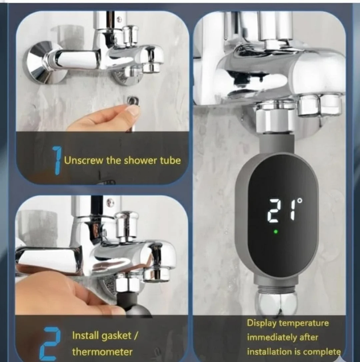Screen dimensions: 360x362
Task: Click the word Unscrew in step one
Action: pyautogui.click(x=83, y=160)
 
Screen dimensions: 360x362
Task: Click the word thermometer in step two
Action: pyautogui.click(x=102, y=352)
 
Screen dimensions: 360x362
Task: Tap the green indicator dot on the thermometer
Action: pyautogui.click(x=275, y=231)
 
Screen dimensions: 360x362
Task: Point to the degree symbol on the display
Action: pyautogui.click(x=300, y=201)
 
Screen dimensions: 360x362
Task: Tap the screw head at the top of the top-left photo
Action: pyautogui.click(x=119, y=19)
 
